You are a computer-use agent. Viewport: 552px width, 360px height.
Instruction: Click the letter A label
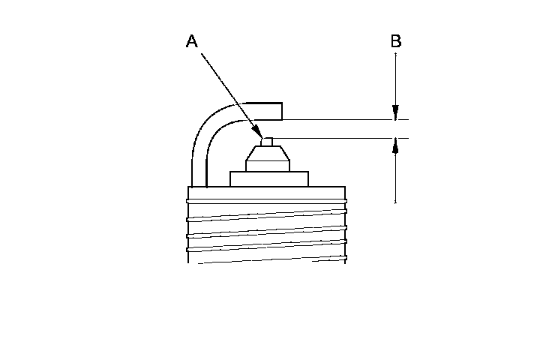(192, 42)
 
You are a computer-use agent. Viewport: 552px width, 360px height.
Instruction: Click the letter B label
(395, 40)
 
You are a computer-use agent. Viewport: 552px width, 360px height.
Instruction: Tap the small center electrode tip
(265, 142)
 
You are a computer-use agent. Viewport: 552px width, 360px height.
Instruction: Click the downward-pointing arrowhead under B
(395, 112)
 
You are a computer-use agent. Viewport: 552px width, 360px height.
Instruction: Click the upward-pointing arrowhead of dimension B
(395, 145)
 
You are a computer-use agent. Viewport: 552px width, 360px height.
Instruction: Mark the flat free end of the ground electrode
(282, 110)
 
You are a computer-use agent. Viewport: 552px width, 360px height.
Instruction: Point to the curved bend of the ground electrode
(211, 124)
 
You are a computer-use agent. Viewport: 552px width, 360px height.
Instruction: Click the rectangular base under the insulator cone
(268, 178)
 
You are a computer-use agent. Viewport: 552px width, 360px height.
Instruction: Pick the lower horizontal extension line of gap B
(337, 138)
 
